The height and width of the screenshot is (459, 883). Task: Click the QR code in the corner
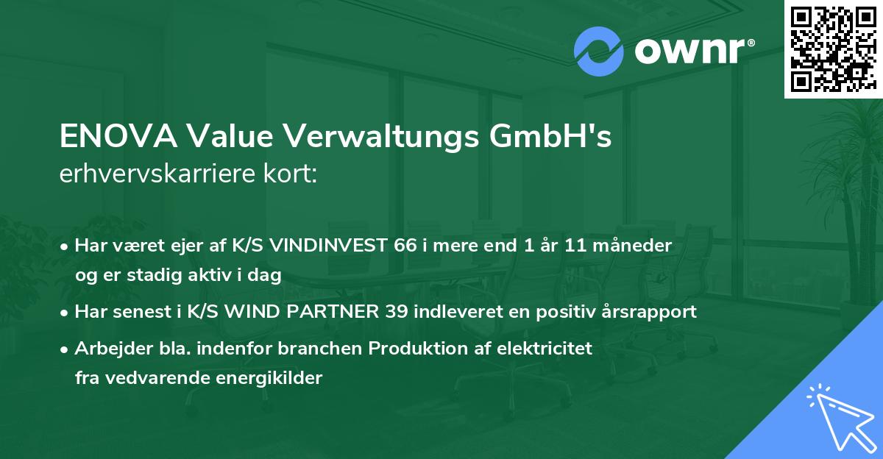click(x=834, y=49)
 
